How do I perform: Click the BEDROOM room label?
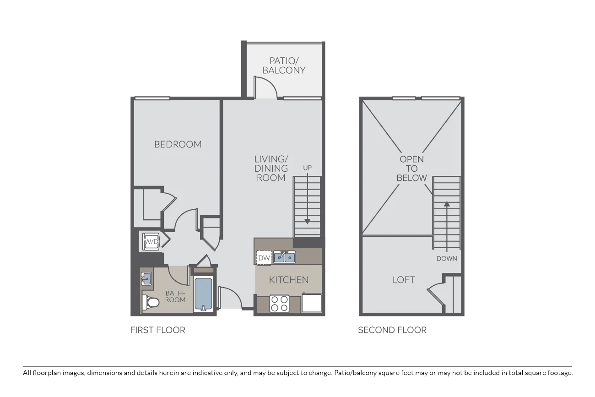tap(178, 144)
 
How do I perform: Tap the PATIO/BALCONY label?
tap(284, 65)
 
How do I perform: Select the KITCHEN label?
tap(289, 280)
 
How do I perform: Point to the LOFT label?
tap(404, 280)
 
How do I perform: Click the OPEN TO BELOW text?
tap(411, 169)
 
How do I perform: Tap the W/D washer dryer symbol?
tap(151, 242)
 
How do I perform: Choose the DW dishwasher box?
tap(264, 257)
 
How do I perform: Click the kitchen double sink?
tap(284, 257)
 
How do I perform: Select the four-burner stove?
tap(280, 304)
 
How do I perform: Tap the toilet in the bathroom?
tap(151, 302)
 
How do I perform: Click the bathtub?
tap(204, 294)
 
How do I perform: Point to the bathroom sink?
tap(146, 278)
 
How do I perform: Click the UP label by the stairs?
tap(307, 168)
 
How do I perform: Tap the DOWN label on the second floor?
tap(447, 259)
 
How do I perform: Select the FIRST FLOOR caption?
tap(158, 330)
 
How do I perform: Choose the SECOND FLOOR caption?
tap(392, 330)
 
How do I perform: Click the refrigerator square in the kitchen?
tap(312, 303)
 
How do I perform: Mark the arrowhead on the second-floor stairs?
tap(447, 204)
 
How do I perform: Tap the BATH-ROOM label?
tap(175, 297)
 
